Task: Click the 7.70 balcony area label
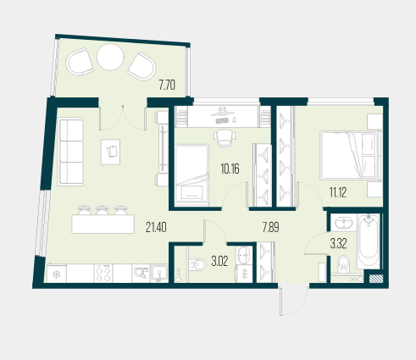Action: [x=167, y=85]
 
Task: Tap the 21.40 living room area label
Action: [x=156, y=227]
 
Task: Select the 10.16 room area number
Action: [x=230, y=169]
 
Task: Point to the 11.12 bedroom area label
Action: [x=338, y=192]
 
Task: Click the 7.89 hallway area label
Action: [x=271, y=227]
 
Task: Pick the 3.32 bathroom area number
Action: [x=338, y=244]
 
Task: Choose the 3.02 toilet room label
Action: [x=219, y=262]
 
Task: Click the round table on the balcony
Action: [x=110, y=57]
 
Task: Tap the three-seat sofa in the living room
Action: [x=70, y=152]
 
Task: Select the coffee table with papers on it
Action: [x=110, y=152]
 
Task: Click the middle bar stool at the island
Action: [x=102, y=210]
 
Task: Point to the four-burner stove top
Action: [x=103, y=274]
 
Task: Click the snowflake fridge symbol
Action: [x=57, y=274]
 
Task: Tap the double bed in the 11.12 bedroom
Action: [x=349, y=155]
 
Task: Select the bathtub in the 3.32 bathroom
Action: [x=369, y=241]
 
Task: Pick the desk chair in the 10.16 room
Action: [x=225, y=137]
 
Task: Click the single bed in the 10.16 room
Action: [x=191, y=175]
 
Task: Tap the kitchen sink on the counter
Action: [x=159, y=274]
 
